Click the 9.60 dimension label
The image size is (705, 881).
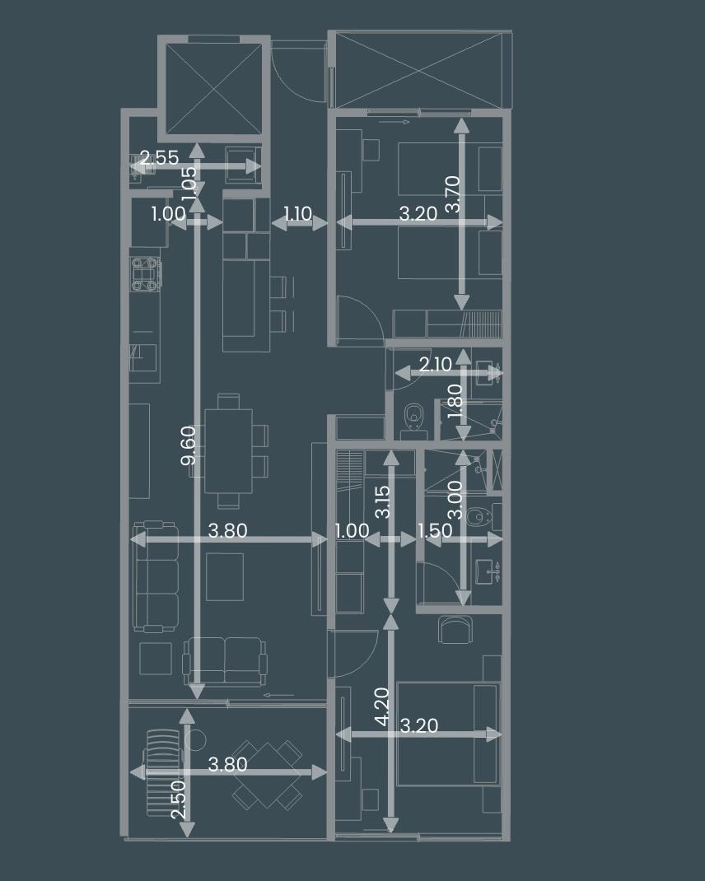(x=189, y=445)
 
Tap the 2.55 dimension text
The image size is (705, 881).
(x=160, y=157)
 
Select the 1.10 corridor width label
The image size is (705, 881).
(x=297, y=213)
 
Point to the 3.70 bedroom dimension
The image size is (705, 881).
(x=452, y=193)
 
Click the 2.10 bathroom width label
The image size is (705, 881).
(x=435, y=365)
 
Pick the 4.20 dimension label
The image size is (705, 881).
(x=381, y=706)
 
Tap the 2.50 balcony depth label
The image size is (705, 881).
(x=178, y=799)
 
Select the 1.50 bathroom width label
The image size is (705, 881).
(x=435, y=530)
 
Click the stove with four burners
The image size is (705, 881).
(x=147, y=273)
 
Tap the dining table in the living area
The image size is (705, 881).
(x=228, y=451)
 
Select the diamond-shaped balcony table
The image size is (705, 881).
(x=267, y=774)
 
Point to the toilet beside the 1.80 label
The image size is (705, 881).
(x=413, y=420)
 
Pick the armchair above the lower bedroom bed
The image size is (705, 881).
(x=455, y=629)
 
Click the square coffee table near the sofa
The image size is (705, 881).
(x=225, y=577)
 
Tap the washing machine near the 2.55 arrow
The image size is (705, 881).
(x=242, y=164)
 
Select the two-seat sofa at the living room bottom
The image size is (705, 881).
(x=225, y=661)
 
